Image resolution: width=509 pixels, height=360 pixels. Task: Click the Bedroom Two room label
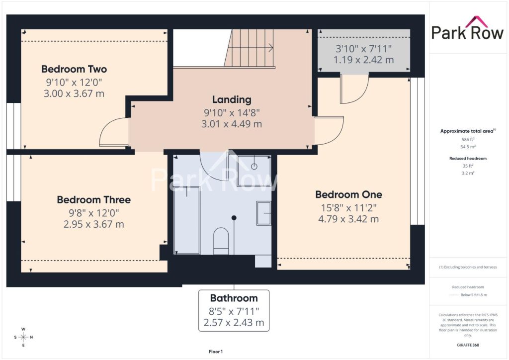point(74,69)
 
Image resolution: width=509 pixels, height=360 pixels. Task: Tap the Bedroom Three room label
point(94,199)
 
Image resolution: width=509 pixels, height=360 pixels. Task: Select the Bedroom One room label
point(348,194)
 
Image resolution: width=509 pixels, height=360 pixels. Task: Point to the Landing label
point(232,99)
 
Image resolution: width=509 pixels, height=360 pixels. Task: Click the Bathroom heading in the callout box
point(234,298)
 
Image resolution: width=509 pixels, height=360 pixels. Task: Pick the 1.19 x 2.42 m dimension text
point(363,60)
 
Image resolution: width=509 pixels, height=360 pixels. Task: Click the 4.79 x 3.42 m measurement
point(348,219)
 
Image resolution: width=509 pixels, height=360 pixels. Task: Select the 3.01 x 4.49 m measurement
point(232,124)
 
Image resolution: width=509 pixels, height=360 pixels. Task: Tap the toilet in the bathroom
point(221,241)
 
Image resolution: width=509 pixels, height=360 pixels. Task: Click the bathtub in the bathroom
point(187,220)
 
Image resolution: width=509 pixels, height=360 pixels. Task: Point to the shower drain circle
point(254,167)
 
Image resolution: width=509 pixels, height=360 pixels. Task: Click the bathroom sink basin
point(264,213)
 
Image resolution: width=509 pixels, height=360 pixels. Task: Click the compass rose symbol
point(23,337)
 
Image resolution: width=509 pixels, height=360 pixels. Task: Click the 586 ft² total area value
point(468,140)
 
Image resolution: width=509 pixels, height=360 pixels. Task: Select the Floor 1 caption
point(216,352)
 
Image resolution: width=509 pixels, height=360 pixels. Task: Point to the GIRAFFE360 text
point(468,345)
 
